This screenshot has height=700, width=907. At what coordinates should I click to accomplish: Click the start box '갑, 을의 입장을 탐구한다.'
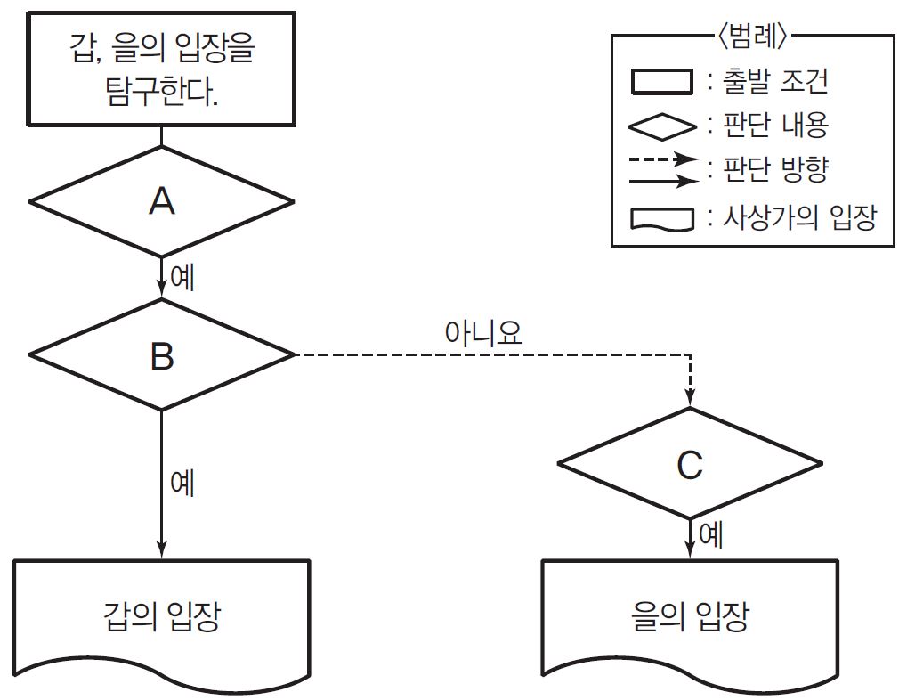[x=161, y=69]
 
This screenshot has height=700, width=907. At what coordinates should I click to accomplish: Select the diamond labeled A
[x=161, y=202]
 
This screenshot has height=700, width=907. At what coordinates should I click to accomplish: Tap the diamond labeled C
[x=690, y=464]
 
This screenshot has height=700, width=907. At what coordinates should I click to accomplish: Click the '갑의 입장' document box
[x=161, y=616]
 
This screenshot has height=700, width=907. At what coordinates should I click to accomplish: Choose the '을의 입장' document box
[x=690, y=616]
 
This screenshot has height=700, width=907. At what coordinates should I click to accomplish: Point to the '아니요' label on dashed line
[x=483, y=333]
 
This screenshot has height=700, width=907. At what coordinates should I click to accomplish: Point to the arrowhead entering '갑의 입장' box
[x=161, y=549]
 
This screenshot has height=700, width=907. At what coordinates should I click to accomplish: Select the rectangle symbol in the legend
[x=662, y=82]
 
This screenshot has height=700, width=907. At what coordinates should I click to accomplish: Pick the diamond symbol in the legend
[x=662, y=126]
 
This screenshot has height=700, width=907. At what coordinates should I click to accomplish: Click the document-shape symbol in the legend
[x=662, y=218]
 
